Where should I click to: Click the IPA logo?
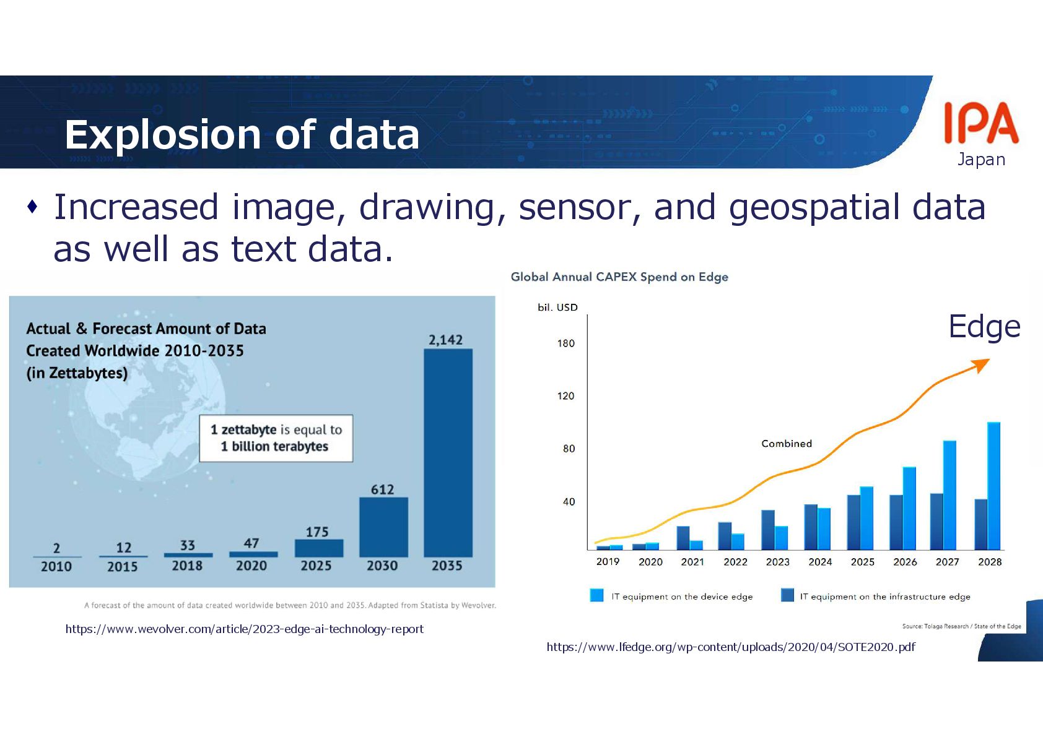pos(981,124)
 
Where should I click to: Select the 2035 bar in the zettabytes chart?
pos(448,452)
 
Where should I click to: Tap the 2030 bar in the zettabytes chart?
pos(383,527)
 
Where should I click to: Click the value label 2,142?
pos(446,340)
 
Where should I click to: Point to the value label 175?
pos(317,532)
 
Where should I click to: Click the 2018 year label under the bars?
pos(187,566)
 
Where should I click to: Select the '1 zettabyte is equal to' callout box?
pos(276,438)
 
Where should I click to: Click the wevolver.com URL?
pos(245,629)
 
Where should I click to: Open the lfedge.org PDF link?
pos(730,647)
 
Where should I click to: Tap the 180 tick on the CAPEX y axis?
pos(565,343)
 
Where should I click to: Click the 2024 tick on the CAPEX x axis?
pos(820,562)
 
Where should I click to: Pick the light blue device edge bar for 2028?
pos(993,486)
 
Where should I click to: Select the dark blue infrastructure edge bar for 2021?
pos(683,538)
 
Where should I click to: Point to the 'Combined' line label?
pos(787,444)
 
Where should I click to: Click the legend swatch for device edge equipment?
pos(597,595)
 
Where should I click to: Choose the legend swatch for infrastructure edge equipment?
pos(787,595)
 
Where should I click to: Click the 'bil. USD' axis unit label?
pos(557,308)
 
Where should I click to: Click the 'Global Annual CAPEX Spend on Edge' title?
pos(619,277)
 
